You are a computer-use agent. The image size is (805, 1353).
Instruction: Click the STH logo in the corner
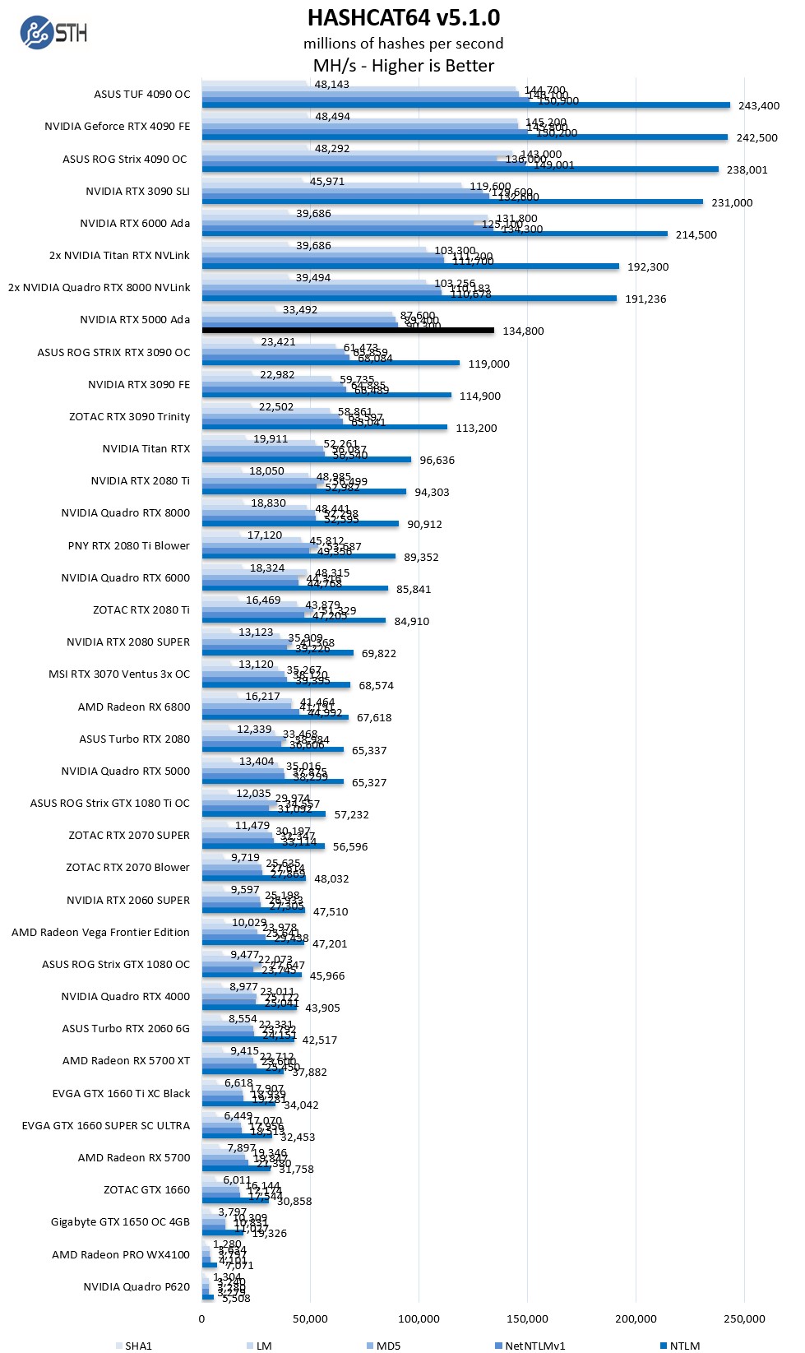(x=53, y=33)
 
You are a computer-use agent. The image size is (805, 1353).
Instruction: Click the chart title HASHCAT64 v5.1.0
(x=403, y=17)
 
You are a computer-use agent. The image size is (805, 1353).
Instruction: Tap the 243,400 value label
(x=758, y=105)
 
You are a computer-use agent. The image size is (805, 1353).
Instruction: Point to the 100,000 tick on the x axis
(x=419, y=1318)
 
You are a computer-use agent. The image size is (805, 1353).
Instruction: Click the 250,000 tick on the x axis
(x=744, y=1318)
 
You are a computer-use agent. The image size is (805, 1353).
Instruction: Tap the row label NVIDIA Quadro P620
(x=136, y=1286)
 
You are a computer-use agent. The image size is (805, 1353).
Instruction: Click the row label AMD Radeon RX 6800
(x=134, y=707)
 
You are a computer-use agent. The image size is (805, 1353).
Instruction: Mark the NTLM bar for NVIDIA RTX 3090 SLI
(x=452, y=202)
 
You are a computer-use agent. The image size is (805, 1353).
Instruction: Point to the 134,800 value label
(x=523, y=331)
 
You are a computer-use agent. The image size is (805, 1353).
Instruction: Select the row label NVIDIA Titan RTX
(x=146, y=448)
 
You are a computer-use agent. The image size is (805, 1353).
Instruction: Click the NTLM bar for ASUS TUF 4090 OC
(x=465, y=105)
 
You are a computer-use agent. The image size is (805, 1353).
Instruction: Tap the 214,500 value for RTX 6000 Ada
(x=696, y=234)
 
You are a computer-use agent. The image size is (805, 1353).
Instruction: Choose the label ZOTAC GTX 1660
(x=146, y=1189)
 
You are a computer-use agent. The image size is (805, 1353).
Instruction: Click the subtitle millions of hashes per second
(x=403, y=44)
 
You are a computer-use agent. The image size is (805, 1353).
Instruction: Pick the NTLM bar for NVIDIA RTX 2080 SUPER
(x=277, y=653)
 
